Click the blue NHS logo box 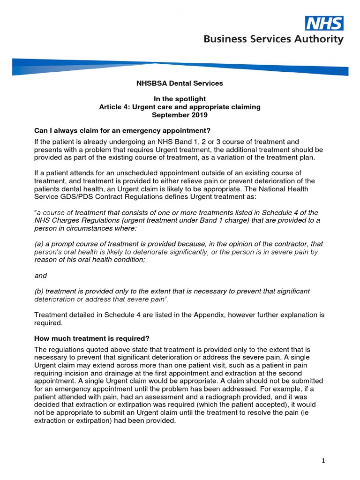coord(324,23)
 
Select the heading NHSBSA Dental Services coord(180,83)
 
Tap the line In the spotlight coord(180,99)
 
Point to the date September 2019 coord(180,114)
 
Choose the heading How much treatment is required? coord(92,338)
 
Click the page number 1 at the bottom coord(323,461)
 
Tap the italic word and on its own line coord(41,276)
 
